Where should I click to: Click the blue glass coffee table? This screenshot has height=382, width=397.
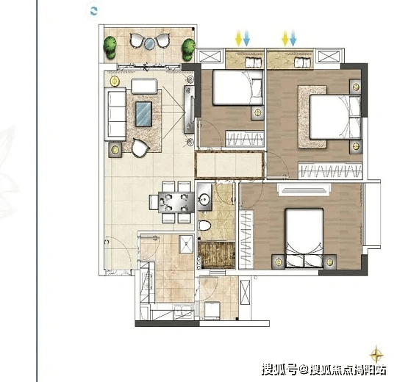143,114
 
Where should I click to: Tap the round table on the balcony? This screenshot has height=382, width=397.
149,44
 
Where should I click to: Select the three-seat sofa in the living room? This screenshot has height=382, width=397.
115,114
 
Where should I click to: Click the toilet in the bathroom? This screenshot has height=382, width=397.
204,226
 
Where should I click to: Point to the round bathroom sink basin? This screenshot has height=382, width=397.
204,200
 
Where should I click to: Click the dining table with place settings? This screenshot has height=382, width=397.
176,202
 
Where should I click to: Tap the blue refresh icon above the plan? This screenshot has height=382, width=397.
93,11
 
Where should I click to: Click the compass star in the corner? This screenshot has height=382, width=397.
376,353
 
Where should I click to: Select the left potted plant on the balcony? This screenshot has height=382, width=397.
110,47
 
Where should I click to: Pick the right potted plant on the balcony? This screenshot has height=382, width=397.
188,49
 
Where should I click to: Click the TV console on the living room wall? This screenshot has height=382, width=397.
189,109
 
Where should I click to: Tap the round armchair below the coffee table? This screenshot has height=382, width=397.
140,148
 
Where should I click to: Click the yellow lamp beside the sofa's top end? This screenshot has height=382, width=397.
115,81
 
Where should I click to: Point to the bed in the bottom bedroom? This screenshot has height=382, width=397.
304,238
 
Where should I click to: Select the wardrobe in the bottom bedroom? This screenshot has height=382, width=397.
246,239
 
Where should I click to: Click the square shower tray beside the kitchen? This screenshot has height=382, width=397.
186,244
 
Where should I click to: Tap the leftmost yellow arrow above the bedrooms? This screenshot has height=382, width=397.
238,38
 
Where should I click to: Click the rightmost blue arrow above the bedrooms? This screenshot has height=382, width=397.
293,38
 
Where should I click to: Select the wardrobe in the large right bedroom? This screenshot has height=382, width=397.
330,170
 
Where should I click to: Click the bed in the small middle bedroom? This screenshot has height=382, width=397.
237,87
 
